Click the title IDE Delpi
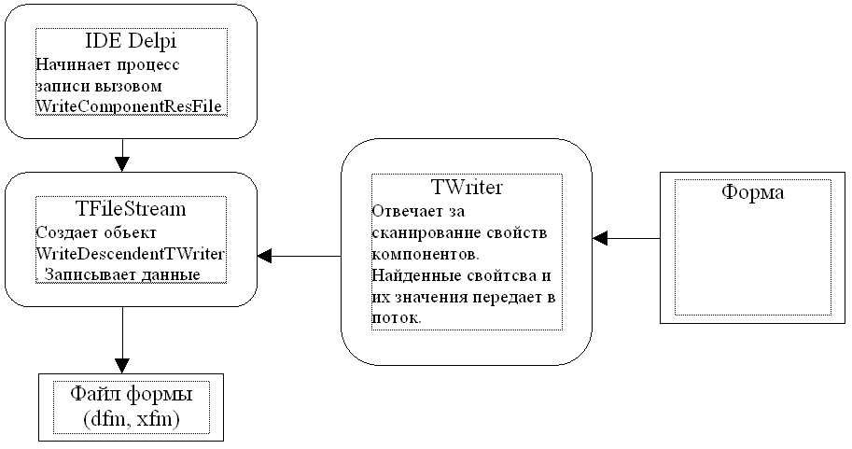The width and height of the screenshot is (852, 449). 131,42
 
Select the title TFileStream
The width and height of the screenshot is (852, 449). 131,209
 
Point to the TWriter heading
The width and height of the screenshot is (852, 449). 467,188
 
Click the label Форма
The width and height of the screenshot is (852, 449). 753,193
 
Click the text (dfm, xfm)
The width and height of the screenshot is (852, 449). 131,419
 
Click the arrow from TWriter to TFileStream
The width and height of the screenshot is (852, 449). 299,255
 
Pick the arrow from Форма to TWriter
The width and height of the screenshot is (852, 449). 627,238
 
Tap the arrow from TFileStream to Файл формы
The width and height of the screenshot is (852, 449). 122,341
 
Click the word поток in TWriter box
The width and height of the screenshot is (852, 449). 394,317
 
